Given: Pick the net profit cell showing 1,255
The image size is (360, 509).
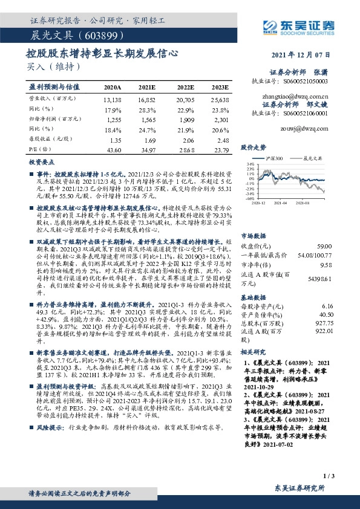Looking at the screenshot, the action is click(113, 121).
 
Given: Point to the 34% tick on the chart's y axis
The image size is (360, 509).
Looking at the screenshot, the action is click(248, 163).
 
